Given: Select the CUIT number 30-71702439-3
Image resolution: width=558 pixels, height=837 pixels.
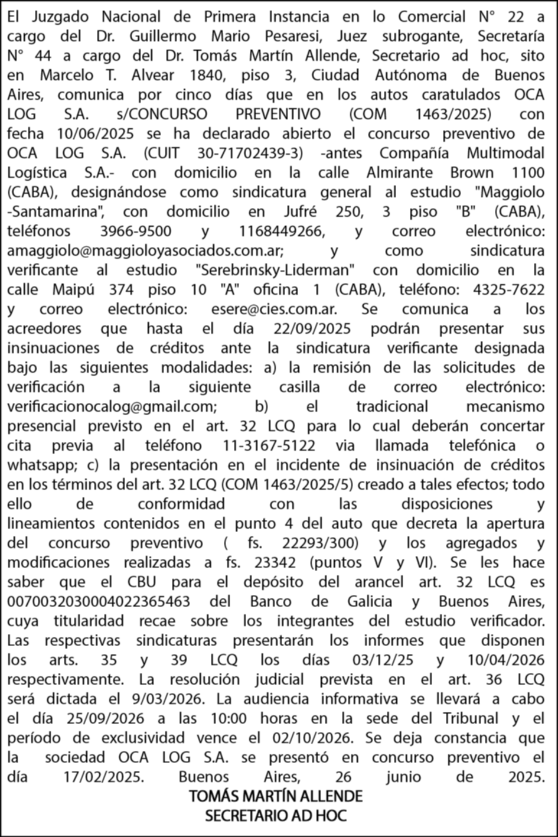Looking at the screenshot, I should tap(251, 153).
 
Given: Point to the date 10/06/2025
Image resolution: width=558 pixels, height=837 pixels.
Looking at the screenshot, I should tap(100, 133).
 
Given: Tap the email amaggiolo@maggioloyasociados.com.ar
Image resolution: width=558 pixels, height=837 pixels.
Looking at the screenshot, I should tap(145, 250).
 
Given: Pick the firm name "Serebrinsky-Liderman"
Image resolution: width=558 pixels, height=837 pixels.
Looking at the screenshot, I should tap(275, 270).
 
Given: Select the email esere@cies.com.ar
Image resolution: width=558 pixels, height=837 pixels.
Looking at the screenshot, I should tap(274, 309).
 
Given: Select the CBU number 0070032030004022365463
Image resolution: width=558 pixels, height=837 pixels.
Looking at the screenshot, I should tap(99, 601).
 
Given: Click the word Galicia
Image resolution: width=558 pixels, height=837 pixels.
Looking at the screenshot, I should tap(368, 601).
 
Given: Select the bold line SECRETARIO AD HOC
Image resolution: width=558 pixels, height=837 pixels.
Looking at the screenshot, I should tap(275, 816).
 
